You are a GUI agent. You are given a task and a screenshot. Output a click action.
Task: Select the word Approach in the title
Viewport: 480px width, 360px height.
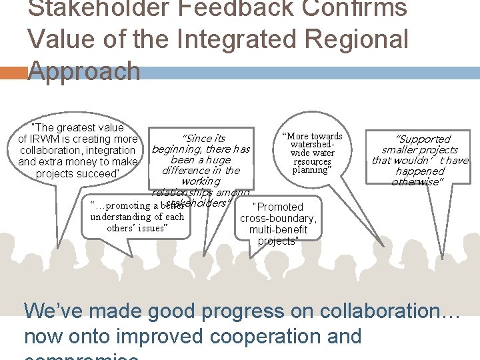pyautogui.click(x=84, y=71)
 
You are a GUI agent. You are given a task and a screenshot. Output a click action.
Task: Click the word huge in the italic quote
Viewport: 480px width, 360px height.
pyautogui.click(x=218, y=159)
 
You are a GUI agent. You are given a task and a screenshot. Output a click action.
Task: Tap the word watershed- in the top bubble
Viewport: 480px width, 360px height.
pyautogui.click(x=312, y=145)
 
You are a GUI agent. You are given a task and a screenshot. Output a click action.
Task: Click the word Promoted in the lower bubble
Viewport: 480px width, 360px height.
pyautogui.click(x=280, y=207)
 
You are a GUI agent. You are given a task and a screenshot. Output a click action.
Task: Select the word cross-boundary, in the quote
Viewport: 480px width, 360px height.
pyautogui.click(x=279, y=219)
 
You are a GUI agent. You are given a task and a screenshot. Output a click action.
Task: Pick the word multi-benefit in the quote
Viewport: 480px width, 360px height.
pyautogui.click(x=279, y=230)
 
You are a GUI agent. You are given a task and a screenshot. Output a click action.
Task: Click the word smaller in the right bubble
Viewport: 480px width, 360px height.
pyautogui.click(x=399, y=149)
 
